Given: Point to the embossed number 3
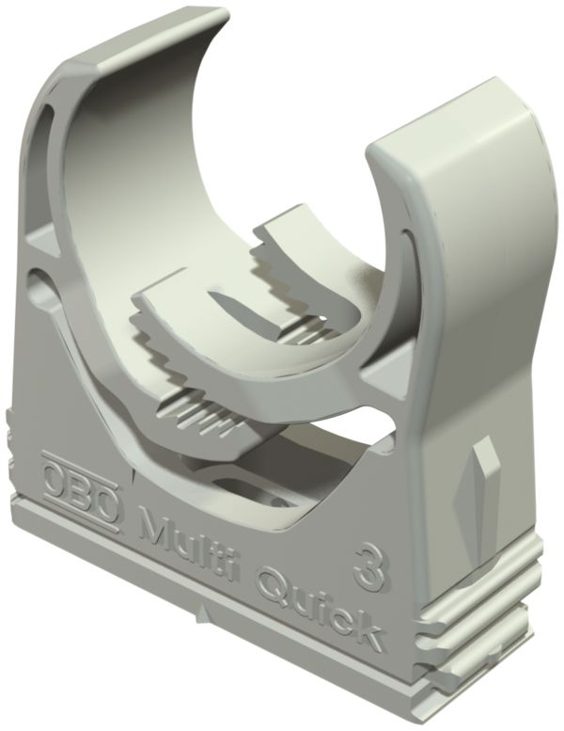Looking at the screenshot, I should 368,562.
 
